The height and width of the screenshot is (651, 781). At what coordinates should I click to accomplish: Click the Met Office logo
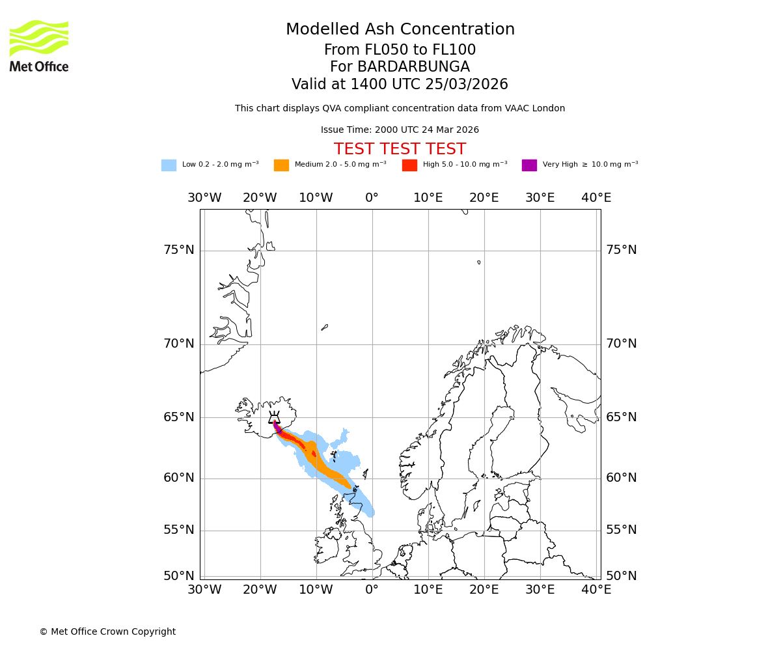(39, 46)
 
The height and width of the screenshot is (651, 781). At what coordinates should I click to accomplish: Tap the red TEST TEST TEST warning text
(400, 149)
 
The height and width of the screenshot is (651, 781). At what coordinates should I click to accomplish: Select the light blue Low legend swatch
(169, 165)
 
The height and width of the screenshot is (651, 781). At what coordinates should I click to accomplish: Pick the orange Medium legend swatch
(281, 165)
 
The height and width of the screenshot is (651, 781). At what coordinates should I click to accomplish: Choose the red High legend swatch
(409, 165)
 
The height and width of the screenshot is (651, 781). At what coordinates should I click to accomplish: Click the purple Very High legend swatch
(529, 165)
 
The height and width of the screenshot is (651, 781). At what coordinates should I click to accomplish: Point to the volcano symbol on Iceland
(274, 418)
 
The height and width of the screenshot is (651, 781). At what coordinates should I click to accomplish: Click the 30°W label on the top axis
(204, 198)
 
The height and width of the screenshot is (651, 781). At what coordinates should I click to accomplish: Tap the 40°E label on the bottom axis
(596, 590)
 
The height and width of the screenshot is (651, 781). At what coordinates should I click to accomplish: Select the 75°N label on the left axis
(178, 250)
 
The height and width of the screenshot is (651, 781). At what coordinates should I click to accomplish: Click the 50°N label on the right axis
(622, 576)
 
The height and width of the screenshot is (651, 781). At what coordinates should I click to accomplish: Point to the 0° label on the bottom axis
(372, 590)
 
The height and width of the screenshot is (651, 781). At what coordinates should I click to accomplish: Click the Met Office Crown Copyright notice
(107, 632)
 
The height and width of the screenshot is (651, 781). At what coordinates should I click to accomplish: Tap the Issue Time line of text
(400, 130)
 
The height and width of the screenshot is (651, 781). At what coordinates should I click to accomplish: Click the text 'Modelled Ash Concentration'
(400, 29)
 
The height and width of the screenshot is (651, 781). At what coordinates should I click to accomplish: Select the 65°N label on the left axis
(178, 417)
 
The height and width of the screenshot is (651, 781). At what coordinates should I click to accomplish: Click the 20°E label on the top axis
(484, 198)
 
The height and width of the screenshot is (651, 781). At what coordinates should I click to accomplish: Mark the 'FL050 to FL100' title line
(400, 50)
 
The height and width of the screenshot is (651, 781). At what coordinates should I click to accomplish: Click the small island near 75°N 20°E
(479, 262)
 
